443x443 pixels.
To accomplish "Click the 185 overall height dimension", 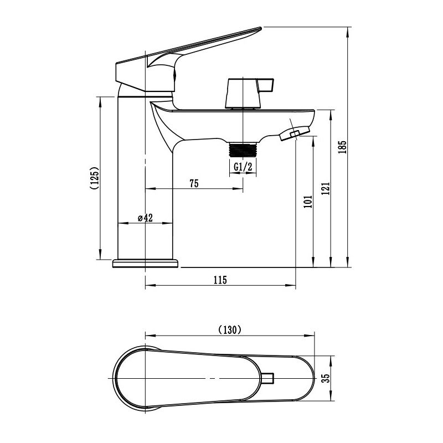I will [342, 147].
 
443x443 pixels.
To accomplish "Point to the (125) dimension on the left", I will [95, 178].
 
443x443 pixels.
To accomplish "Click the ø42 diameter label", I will [145, 218].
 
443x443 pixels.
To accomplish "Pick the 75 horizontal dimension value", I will [194, 184].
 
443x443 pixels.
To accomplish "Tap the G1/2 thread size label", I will [243, 167].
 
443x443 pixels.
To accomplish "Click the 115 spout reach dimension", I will [220, 281].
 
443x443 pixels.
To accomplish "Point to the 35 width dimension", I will [326, 378].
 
